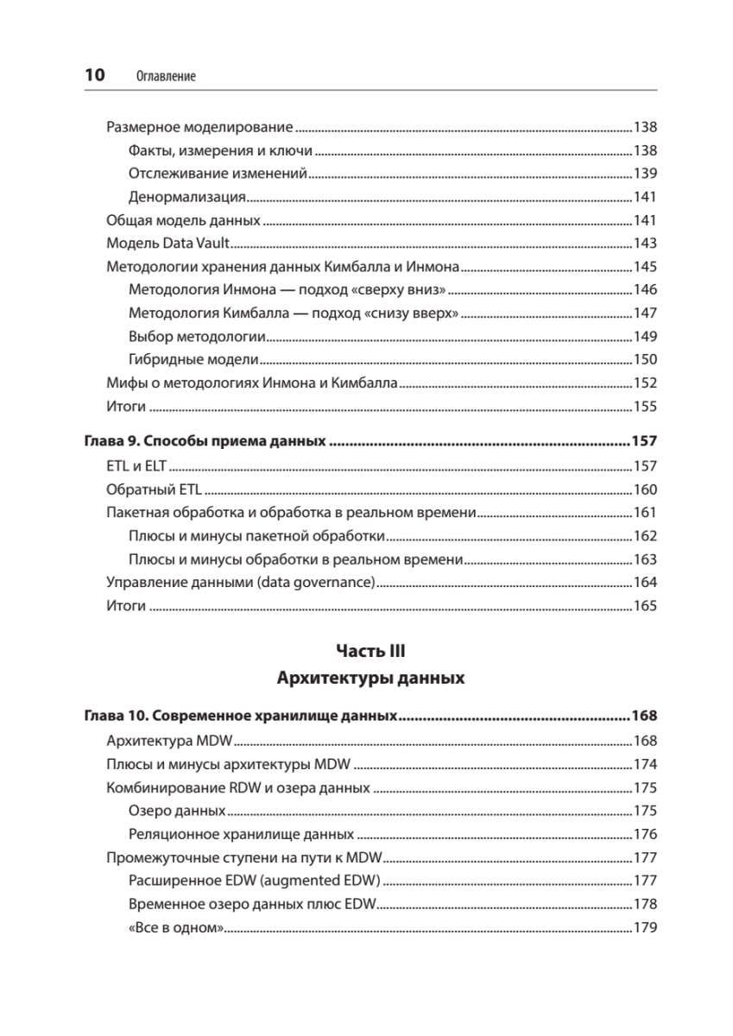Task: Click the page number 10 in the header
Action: pos(94,75)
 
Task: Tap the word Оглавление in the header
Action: pos(167,76)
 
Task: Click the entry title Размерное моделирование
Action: pos(199,127)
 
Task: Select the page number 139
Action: pos(645,174)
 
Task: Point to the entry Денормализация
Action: pos(187,197)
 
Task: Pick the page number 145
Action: pos(645,267)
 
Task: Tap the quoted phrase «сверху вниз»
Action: pos(404,290)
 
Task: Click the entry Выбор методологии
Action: pos(196,337)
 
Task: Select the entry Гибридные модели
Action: pos(193,360)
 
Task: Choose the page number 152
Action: pos(645,383)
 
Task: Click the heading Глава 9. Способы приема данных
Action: pos(205,442)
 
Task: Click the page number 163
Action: pos(645,559)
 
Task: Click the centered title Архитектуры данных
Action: pos(370,679)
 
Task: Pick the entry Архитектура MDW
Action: pos(170,742)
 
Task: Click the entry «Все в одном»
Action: pos(176,928)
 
